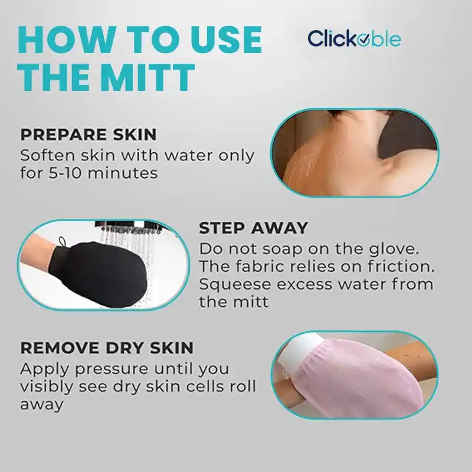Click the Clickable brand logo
pyautogui.click(x=354, y=38)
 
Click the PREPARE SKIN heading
pyautogui.click(x=88, y=135)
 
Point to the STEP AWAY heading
pyautogui.click(x=253, y=228)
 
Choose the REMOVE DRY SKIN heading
pyautogui.click(x=107, y=348)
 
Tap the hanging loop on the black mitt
pyautogui.click(x=63, y=242)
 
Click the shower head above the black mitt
pyautogui.click(x=127, y=227)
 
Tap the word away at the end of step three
pyautogui.click(x=41, y=405)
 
